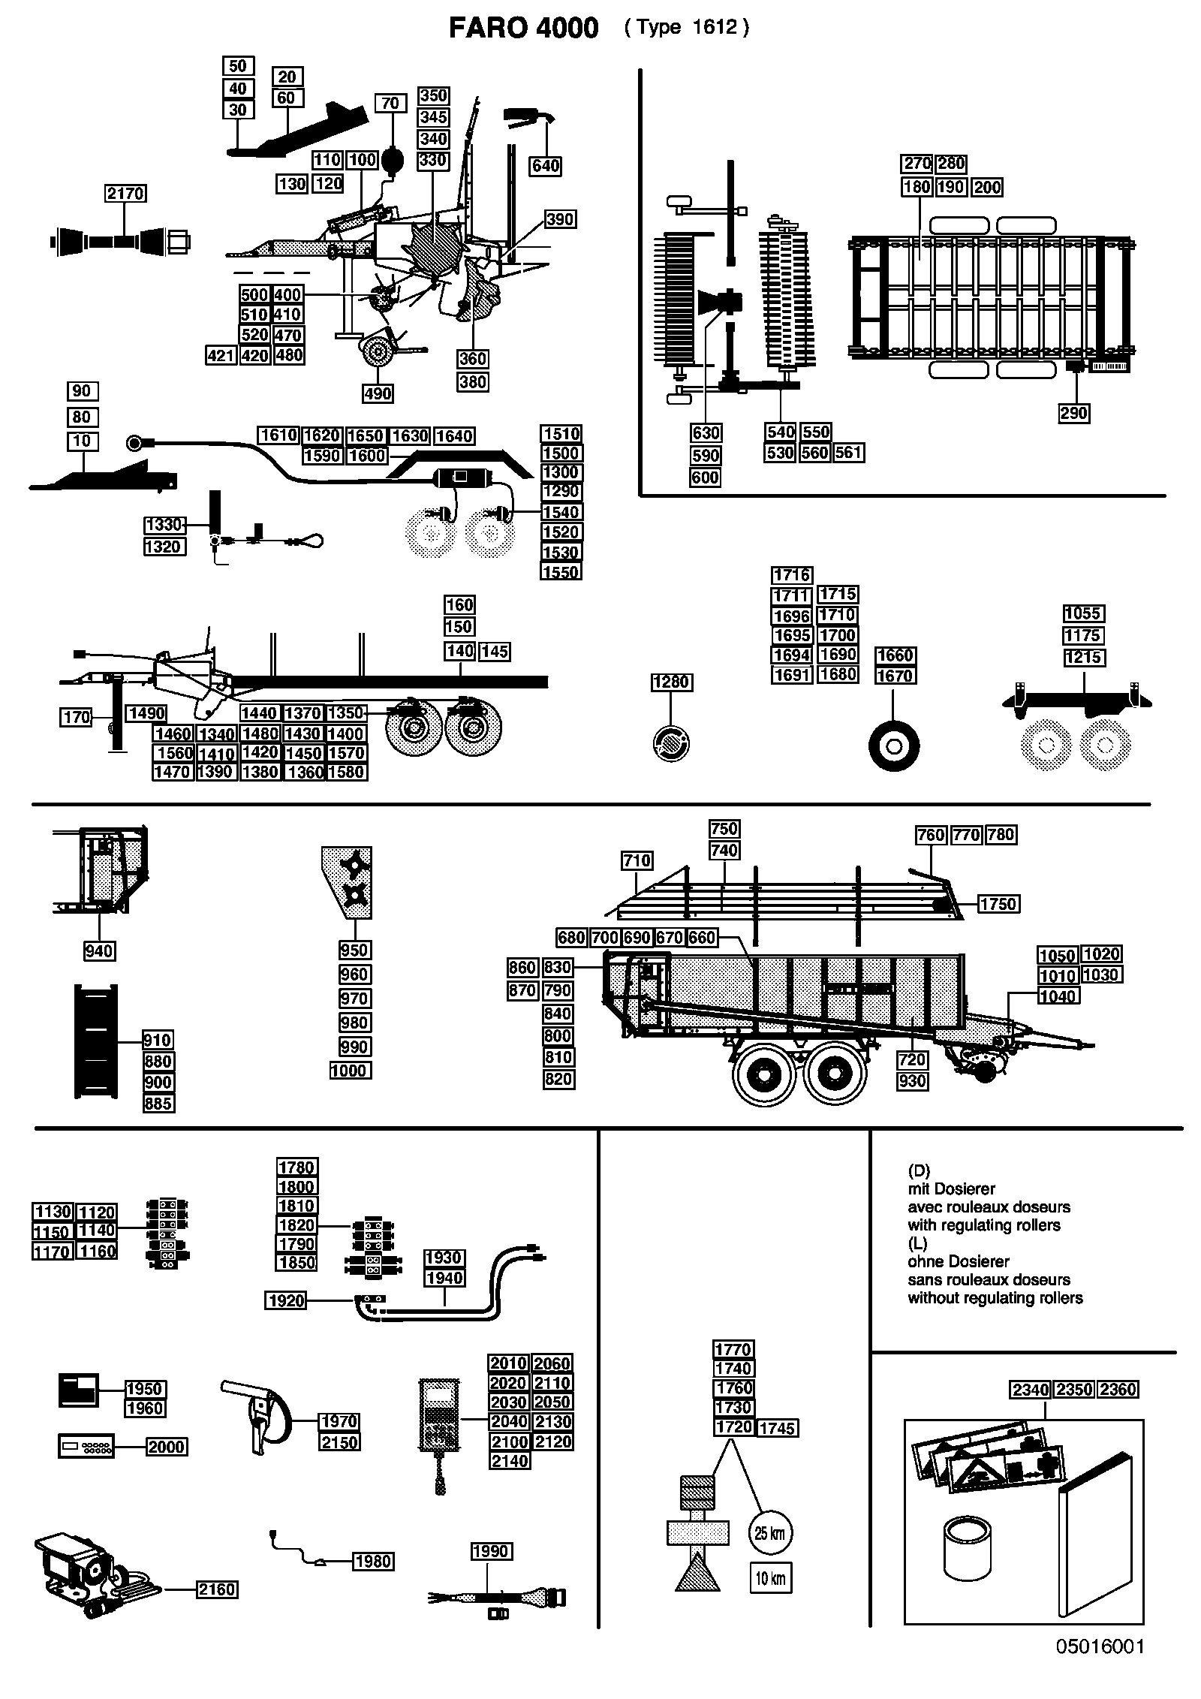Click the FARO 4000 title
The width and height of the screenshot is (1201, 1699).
(x=523, y=28)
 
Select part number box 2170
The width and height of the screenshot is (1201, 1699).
(x=125, y=193)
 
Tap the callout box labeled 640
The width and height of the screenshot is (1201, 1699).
(x=546, y=165)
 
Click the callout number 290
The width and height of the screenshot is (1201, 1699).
(x=1074, y=413)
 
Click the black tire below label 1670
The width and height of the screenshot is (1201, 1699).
(x=894, y=746)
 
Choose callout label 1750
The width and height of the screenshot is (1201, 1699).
(x=998, y=904)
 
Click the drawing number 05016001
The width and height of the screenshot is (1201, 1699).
(x=1100, y=1667)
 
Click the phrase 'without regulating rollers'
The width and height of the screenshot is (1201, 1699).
(x=995, y=1297)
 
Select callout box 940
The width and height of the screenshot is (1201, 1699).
(x=99, y=951)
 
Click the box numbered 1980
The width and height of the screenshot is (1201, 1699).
(x=373, y=1562)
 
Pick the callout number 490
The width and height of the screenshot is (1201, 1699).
(x=378, y=393)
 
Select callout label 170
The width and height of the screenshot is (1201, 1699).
(x=77, y=718)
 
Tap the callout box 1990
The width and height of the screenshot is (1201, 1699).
(x=492, y=1550)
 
